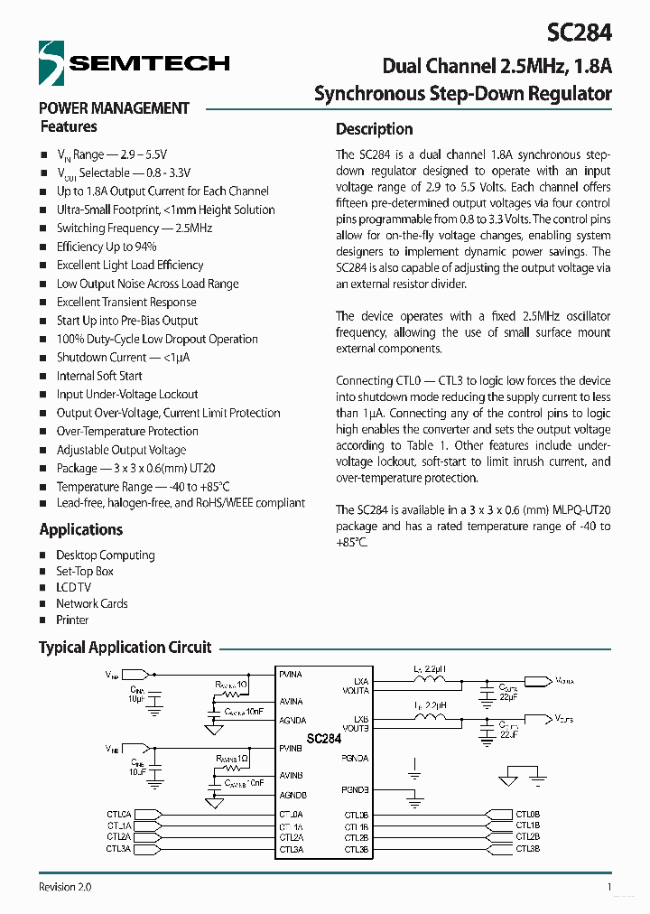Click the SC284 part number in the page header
coord(579,33)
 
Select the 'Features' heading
coord(69,127)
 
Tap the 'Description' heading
coord(374,129)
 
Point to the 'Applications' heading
coord(81,529)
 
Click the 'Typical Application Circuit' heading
coord(125,648)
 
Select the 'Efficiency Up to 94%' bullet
coord(107,247)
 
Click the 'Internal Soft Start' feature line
coord(99,376)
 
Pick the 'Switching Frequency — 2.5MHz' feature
coord(134,228)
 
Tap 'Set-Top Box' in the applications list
coord(85,572)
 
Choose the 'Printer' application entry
coord(72,620)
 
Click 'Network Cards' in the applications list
coord(91,604)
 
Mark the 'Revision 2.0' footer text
coord(65,887)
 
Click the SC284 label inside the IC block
coord(323,739)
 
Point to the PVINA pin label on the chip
coord(292,675)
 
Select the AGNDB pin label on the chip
coord(292,795)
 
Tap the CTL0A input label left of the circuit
coord(118,815)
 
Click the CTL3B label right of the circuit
coord(528,849)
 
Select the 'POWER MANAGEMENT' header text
coord(114,108)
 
